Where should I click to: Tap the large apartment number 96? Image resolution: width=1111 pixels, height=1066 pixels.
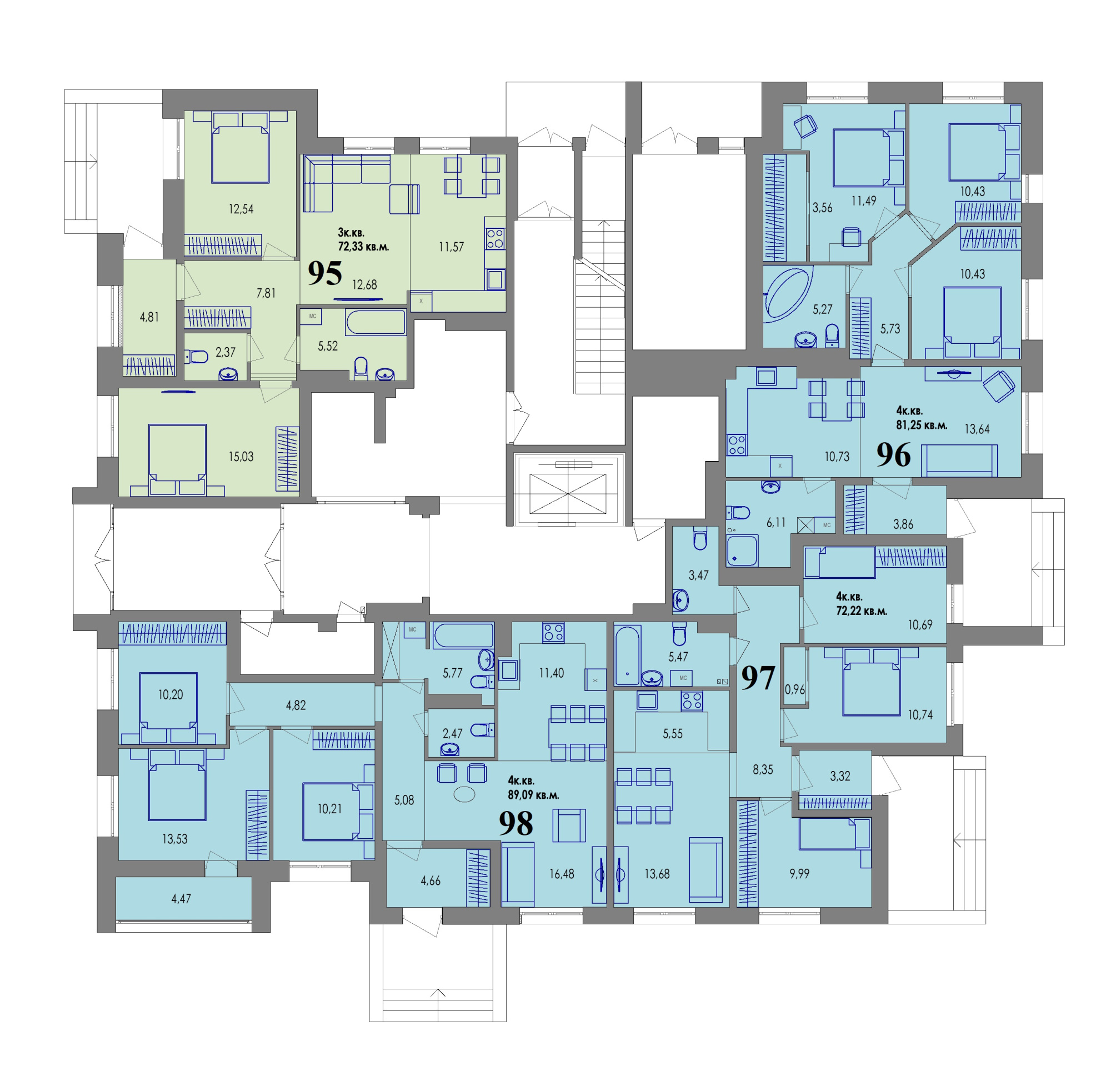(x=893, y=454)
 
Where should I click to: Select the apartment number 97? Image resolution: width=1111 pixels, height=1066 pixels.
(x=758, y=677)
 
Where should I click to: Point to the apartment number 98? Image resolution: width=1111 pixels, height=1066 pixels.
(x=516, y=823)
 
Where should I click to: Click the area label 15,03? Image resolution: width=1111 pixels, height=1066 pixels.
(x=241, y=456)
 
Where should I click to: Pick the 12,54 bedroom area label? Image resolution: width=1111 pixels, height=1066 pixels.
(x=241, y=208)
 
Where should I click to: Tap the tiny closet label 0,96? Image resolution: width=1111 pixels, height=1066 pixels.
(x=795, y=689)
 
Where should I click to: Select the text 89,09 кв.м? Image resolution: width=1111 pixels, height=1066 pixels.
(x=533, y=794)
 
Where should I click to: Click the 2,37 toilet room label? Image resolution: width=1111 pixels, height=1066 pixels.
(x=225, y=352)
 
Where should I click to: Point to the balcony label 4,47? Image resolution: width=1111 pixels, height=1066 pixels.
(x=181, y=898)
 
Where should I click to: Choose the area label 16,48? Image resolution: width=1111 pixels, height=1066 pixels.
(x=561, y=874)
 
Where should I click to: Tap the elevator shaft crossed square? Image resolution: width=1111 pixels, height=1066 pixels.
(x=567, y=493)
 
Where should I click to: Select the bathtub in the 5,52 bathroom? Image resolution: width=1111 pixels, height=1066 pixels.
(x=376, y=322)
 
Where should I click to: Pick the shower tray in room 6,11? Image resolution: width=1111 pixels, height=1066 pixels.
(x=742, y=550)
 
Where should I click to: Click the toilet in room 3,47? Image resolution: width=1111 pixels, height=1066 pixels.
(x=700, y=538)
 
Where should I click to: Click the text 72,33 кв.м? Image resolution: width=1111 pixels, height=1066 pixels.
(x=363, y=247)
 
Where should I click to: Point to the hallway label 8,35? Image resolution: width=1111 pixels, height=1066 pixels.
(x=762, y=769)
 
